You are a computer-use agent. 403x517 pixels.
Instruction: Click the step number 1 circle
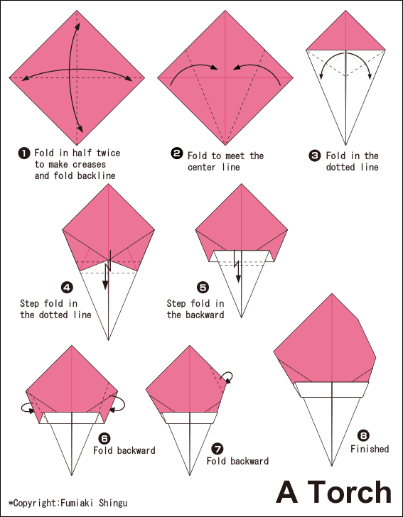pyautogui.click(x=23, y=153)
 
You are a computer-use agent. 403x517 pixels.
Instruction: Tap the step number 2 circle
pyautogui.click(x=176, y=153)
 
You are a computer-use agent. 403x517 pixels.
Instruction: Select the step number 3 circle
pyautogui.click(x=314, y=154)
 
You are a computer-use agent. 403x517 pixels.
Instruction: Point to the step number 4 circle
pyautogui.click(x=67, y=288)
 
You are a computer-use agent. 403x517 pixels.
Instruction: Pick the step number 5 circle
pyautogui.click(x=203, y=288)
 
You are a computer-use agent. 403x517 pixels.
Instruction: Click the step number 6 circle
pyautogui.click(x=104, y=438)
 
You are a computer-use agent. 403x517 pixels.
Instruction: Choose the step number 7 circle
pyautogui.click(x=217, y=449)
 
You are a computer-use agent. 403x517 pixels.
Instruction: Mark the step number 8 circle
pyautogui.click(x=364, y=436)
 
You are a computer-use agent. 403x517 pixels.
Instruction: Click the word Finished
pyautogui.click(x=370, y=449)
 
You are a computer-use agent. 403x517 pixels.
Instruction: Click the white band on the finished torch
pyautogui.click(x=332, y=388)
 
